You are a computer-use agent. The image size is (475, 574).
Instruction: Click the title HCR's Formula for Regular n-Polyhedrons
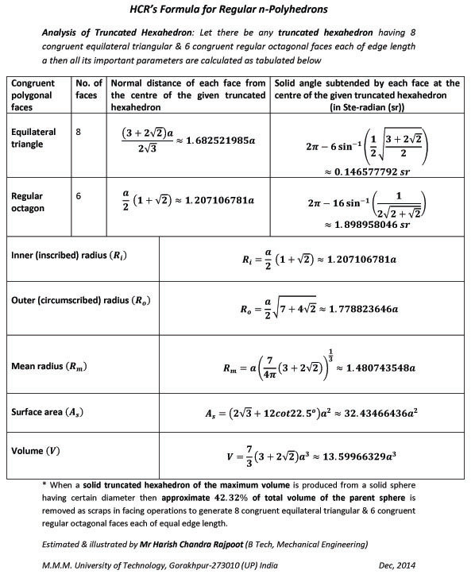click(x=237, y=10)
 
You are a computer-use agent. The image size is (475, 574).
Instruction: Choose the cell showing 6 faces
click(x=79, y=193)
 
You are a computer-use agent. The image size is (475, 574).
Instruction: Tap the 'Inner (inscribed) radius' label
click(x=68, y=256)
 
